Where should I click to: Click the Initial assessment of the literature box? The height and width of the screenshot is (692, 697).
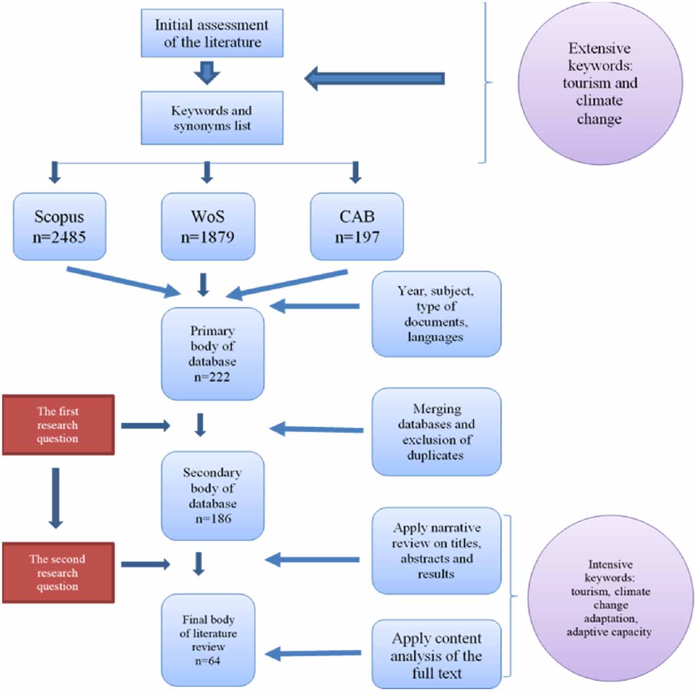pyautogui.click(x=212, y=33)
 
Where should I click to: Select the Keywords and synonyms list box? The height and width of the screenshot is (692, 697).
pyautogui.click(x=212, y=118)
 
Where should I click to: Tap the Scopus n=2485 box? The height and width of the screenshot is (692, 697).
pyautogui.click(x=59, y=226)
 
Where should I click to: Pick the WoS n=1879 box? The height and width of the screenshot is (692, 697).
pyautogui.click(x=208, y=226)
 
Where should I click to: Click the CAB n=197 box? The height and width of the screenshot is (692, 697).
pyautogui.click(x=357, y=226)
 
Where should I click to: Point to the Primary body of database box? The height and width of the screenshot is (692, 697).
pyautogui.click(x=212, y=354)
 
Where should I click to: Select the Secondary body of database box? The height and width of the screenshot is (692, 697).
pyautogui.click(x=212, y=495)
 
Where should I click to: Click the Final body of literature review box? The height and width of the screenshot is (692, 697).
pyautogui.click(x=208, y=640)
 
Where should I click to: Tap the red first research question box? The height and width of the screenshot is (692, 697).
pyautogui.click(x=58, y=425)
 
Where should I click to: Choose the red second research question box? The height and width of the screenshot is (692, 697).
pyautogui.click(x=58, y=573)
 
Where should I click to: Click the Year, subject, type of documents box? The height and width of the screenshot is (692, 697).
pyautogui.click(x=436, y=314)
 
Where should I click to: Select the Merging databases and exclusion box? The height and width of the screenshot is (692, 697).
pyautogui.click(x=436, y=432)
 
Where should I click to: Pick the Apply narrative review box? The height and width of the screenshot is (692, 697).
pyautogui.click(x=436, y=551)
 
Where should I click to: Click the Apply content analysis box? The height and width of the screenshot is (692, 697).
pyautogui.click(x=436, y=655)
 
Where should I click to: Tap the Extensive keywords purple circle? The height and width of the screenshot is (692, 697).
pyautogui.click(x=600, y=84)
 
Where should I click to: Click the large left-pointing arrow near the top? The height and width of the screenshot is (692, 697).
pyautogui.click(x=374, y=78)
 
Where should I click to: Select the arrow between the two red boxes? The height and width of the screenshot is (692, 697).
pyautogui.click(x=56, y=498)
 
